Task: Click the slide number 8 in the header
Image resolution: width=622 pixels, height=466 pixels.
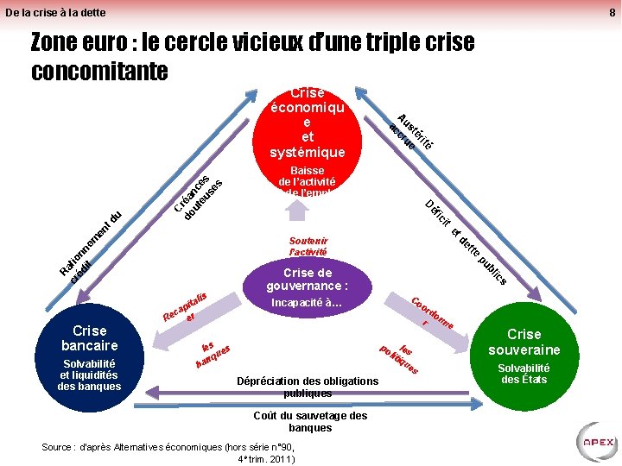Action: tap(611, 12)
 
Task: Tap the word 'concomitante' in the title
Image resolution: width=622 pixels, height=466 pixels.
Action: tap(99, 71)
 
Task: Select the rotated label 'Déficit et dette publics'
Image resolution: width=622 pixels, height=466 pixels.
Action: tap(466, 242)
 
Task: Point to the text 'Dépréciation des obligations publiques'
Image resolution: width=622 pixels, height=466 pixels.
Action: tap(307, 387)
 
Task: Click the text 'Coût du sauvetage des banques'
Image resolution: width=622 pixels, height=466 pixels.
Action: tap(310, 421)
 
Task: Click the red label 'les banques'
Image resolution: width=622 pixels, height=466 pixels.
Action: tap(213, 354)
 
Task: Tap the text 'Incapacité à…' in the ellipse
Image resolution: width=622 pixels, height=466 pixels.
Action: tap(307, 303)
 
